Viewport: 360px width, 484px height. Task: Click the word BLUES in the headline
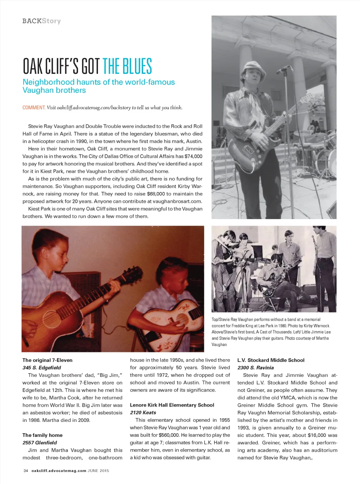coord(137,66)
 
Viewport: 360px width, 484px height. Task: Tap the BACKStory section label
coord(41,21)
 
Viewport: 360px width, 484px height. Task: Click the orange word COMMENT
coord(34,108)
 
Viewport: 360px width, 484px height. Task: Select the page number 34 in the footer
coord(26,471)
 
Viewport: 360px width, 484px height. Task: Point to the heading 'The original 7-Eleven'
coord(47,360)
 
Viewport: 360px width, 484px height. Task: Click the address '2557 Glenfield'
coord(40,442)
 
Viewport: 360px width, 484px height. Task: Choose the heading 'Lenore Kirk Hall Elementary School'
coord(172,405)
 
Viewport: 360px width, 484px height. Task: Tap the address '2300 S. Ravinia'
coord(256,368)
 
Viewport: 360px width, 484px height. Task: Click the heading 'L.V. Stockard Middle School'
coord(271,360)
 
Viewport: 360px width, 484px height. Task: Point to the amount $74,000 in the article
coord(193,156)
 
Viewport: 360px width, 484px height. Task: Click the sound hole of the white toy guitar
coord(182,319)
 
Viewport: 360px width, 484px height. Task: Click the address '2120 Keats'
coord(143,413)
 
